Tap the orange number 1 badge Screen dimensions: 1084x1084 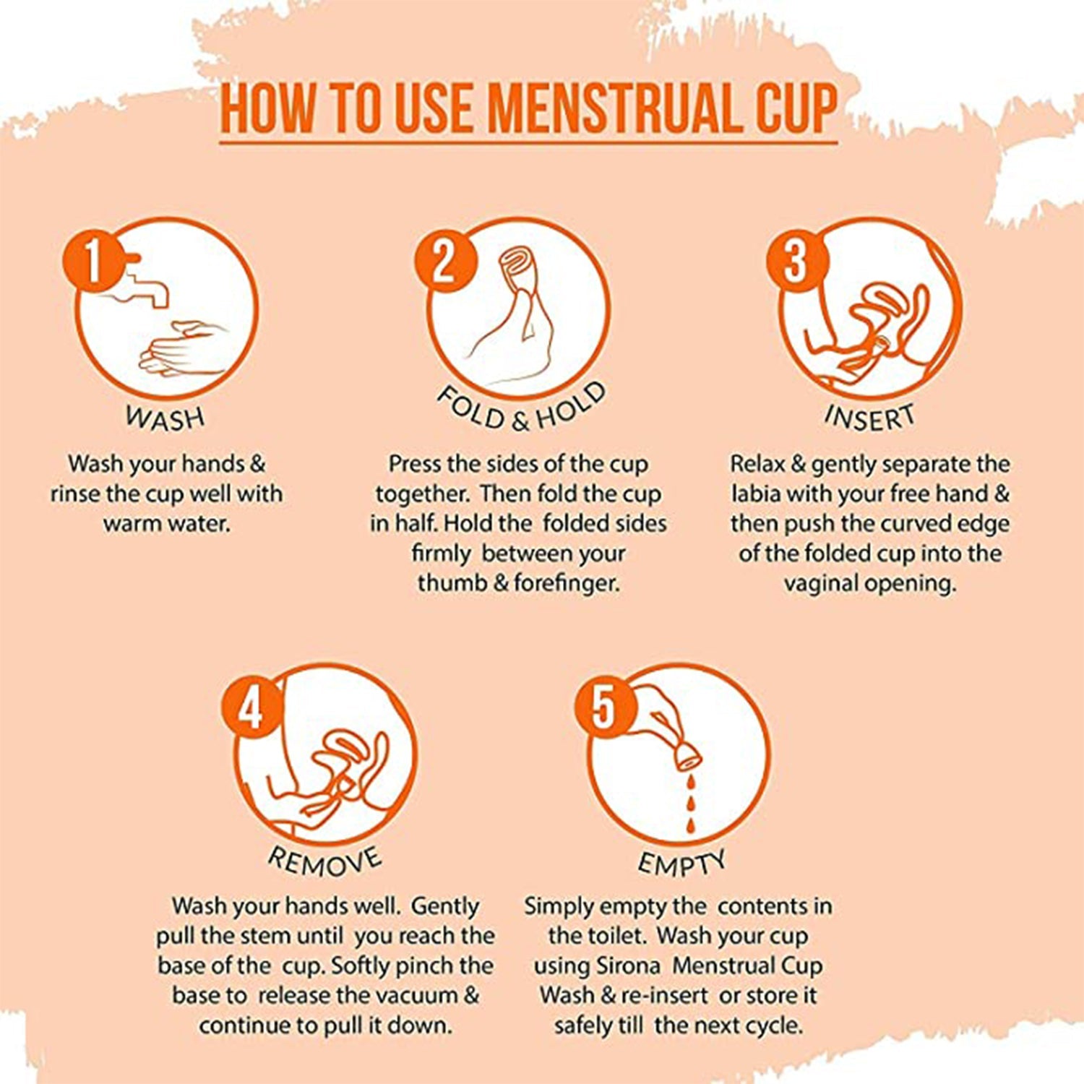coord(93,261)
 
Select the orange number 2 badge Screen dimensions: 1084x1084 coord(444,261)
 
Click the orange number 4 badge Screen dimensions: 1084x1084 coord(251,709)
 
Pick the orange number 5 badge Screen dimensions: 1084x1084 coord(604,709)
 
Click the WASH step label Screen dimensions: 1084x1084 coord(165,418)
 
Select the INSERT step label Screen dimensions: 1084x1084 coord(869,418)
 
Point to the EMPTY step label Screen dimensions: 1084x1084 coord(681,862)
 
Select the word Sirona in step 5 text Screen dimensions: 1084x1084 coord(629,966)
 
